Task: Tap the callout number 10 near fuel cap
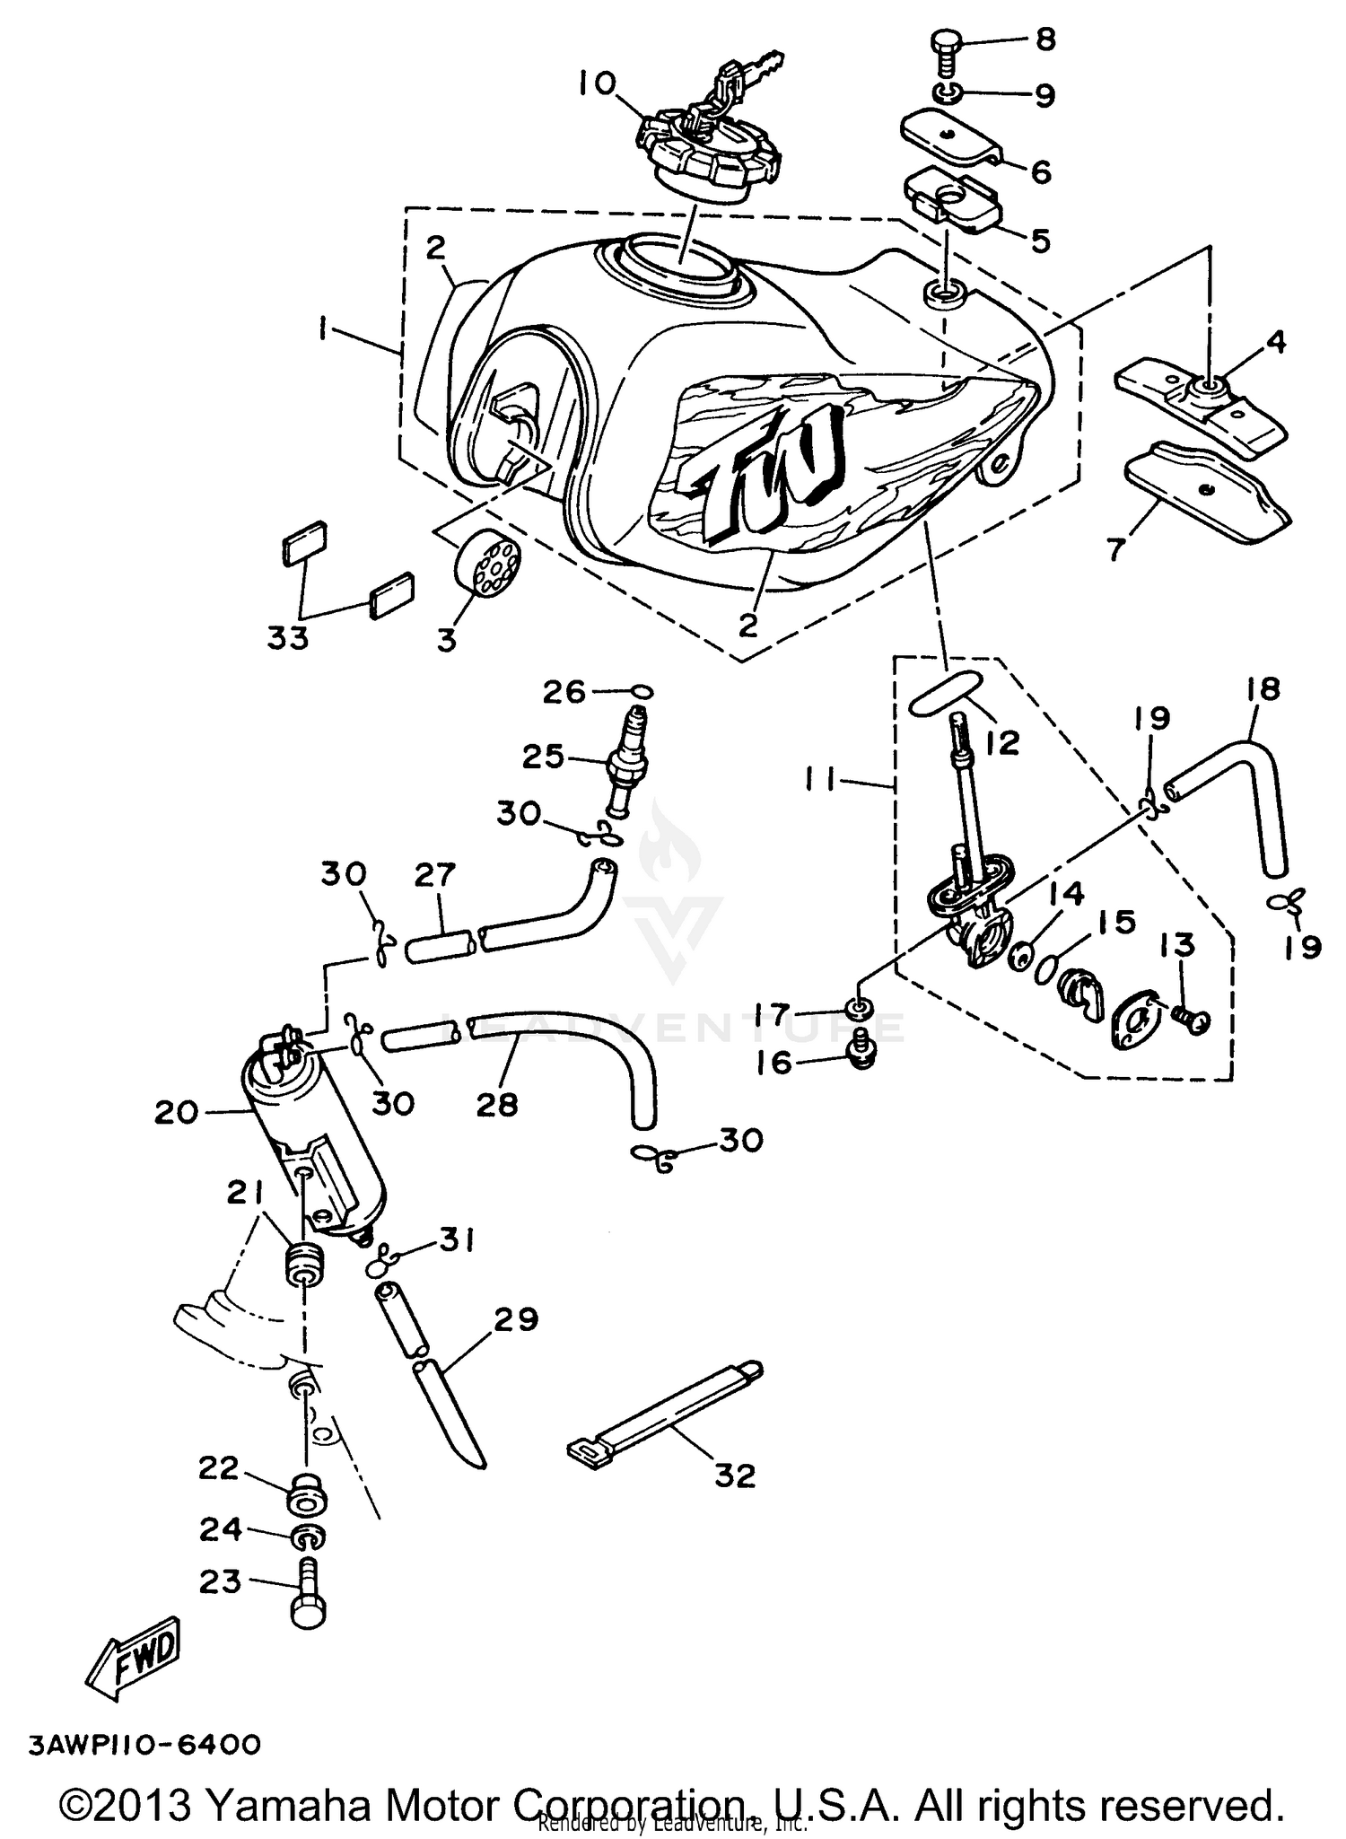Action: pos(597,83)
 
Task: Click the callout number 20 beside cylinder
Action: pos(175,1112)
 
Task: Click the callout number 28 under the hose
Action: pos(497,1103)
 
